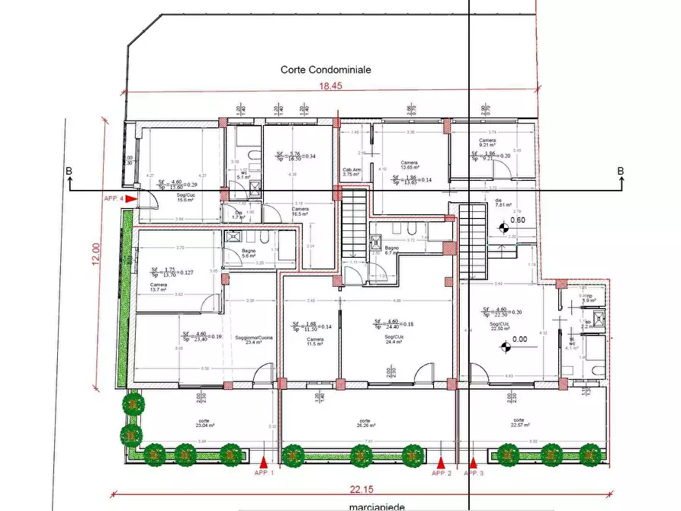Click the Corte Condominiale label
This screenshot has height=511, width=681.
(326, 69)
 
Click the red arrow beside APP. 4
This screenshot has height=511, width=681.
(130, 198)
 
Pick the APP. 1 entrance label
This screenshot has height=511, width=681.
(264, 473)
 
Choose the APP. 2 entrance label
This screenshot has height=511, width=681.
(442, 473)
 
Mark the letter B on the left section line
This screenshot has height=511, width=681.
(69, 172)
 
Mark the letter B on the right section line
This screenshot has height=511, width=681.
(621, 172)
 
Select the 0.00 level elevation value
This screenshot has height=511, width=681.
(521, 339)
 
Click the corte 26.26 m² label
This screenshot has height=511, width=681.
(365, 423)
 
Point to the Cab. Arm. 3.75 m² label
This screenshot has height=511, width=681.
(352, 172)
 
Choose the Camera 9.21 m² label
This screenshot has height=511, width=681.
(488, 143)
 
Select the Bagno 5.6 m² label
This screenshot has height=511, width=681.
(249, 253)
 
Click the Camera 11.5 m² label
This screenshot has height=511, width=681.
(315, 342)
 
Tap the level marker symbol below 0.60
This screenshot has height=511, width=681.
(503, 227)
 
